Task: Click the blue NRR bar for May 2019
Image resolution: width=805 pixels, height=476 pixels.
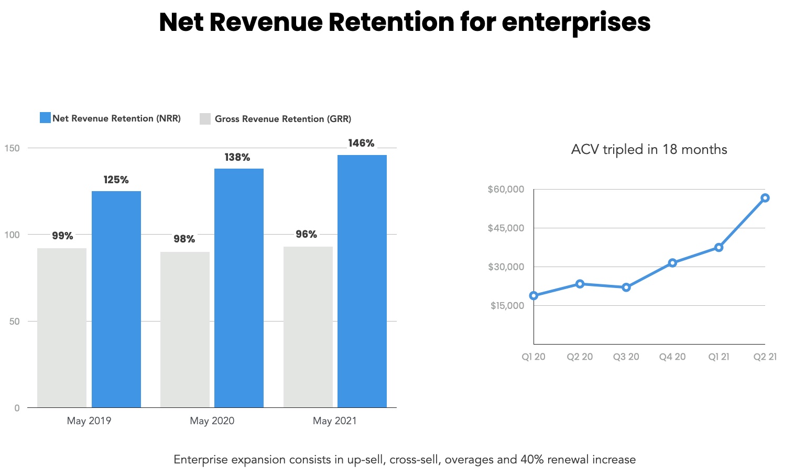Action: (x=116, y=299)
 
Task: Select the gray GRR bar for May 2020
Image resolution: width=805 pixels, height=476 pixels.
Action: (x=185, y=329)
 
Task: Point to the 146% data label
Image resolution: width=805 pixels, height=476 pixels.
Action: (x=361, y=143)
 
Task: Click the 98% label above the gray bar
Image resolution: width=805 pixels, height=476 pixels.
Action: (x=184, y=239)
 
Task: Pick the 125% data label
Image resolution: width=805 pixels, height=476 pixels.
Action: (x=116, y=180)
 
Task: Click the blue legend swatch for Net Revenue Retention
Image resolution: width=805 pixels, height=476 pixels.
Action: (x=45, y=118)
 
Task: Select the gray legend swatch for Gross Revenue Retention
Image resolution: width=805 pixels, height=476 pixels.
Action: (x=205, y=119)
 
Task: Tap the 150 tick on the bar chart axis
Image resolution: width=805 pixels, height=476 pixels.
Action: (x=12, y=148)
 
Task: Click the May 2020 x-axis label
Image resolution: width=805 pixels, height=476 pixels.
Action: (x=212, y=421)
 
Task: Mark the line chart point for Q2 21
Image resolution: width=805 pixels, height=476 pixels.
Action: (x=765, y=198)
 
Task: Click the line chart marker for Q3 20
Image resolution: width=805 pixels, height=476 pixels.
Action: (x=626, y=287)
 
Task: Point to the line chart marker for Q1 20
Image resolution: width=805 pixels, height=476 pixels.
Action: (x=534, y=296)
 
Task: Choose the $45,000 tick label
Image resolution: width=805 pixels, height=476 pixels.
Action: (x=506, y=228)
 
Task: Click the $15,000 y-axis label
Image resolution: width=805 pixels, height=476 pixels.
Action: (x=507, y=306)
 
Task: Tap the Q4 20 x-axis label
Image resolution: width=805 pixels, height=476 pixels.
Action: (x=672, y=357)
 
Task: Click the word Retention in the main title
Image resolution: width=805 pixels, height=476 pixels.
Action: (x=391, y=23)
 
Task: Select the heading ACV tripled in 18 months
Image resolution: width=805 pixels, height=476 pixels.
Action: (x=649, y=150)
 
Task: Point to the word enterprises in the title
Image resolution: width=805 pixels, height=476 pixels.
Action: (x=576, y=23)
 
